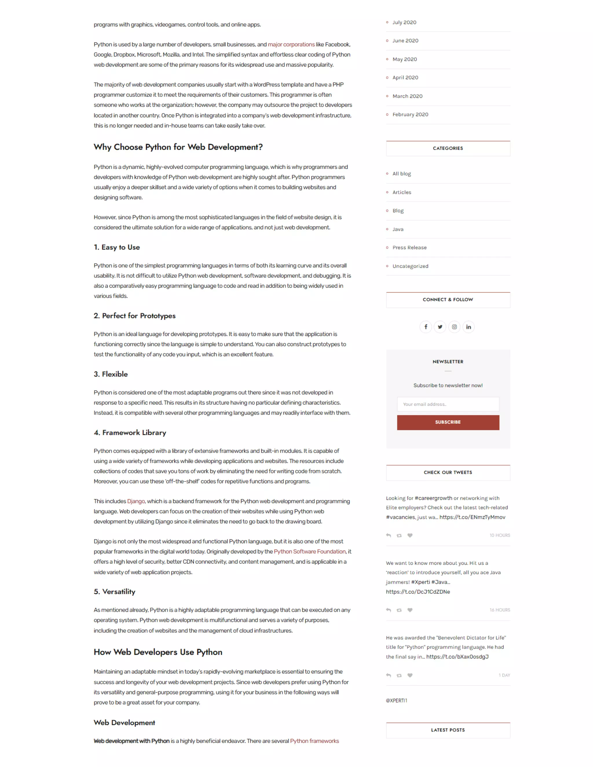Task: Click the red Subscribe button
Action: point(448,422)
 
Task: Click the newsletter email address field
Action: point(448,404)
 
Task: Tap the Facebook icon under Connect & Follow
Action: point(425,327)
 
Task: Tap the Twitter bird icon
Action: point(440,327)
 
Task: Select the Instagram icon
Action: point(454,327)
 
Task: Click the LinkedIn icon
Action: point(468,327)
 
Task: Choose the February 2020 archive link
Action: point(410,115)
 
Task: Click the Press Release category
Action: point(409,247)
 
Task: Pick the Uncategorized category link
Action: point(410,266)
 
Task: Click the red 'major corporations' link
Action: point(291,45)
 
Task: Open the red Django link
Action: point(136,501)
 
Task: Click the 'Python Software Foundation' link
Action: point(310,551)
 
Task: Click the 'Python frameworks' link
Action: point(314,741)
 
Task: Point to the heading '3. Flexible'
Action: point(111,374)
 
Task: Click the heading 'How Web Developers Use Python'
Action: point(158,652)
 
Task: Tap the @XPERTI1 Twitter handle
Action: point(396,700)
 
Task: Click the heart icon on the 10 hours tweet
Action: point(410,535)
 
